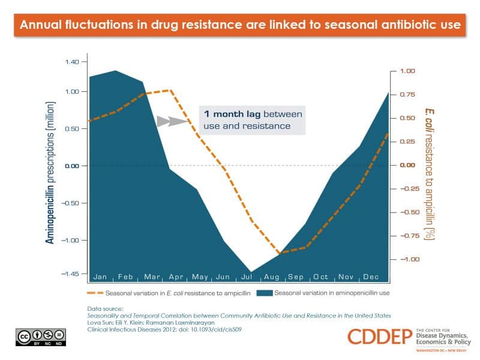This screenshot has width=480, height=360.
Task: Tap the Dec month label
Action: (x=371, y=277)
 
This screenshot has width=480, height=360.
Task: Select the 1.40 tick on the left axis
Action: (x=71, y=62)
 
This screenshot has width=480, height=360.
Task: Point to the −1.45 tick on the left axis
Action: (x=70, y=273)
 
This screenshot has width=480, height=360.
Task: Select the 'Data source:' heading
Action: (x=105, y=308)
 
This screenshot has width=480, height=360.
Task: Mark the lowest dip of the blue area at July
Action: (x=250, y=271)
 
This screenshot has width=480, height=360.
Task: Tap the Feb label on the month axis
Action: (x=125, y=277)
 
